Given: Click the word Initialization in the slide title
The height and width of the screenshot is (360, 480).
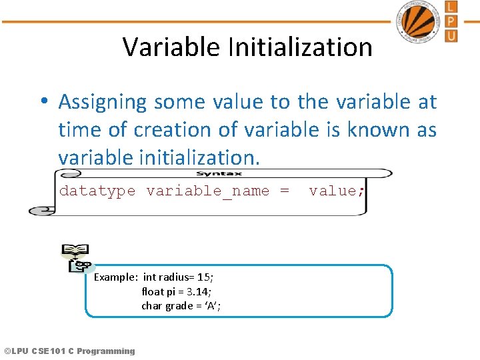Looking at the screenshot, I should click(x=300, y=47).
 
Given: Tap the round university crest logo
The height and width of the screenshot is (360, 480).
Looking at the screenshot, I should click(x=419, y=22).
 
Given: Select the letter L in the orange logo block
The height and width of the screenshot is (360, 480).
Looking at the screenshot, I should click(x=451, y=7).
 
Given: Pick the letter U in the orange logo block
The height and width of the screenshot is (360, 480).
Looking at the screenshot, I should click(x=451, y=35).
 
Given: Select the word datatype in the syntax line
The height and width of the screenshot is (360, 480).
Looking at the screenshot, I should click(x=97, y=191).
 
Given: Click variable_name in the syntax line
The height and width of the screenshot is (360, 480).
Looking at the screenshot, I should click(x=208, y=191).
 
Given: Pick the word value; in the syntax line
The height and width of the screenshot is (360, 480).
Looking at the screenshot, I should click(x=337, y=191).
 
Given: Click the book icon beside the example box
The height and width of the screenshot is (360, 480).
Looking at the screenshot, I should click(x=75, y=258).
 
